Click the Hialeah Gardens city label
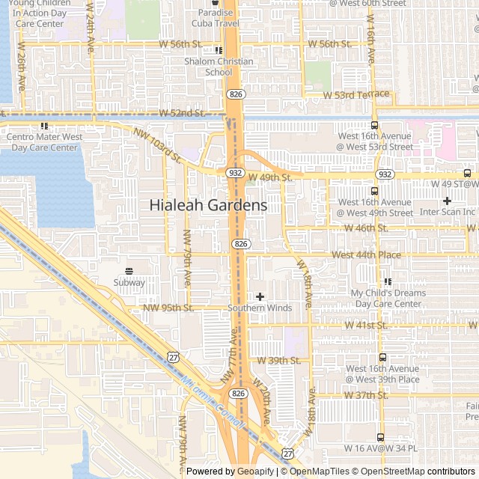pyautogui.click(x=208, y=204)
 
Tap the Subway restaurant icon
pyautogui.click(x=129, y=271)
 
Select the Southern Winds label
pyautogui.click(x=260, y=308)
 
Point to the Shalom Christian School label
pyautogui.click(x=219, y=67)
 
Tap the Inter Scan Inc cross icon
pyautogui.click(x=447, y=201)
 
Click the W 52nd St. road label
pyautogui.click(x=182, y=113)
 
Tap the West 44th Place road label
pyautogui.click(x=366, y=255)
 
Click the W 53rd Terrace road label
pyautogui.click(x=356, y=95)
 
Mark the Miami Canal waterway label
pyautogui.click(x=213, y=403)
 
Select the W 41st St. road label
pyautogui.click(x=366, y=325)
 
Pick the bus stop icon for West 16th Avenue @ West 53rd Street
pyautogui.click(x=374, y=126)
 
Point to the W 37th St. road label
pyautogui.click(x=366, y=395)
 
